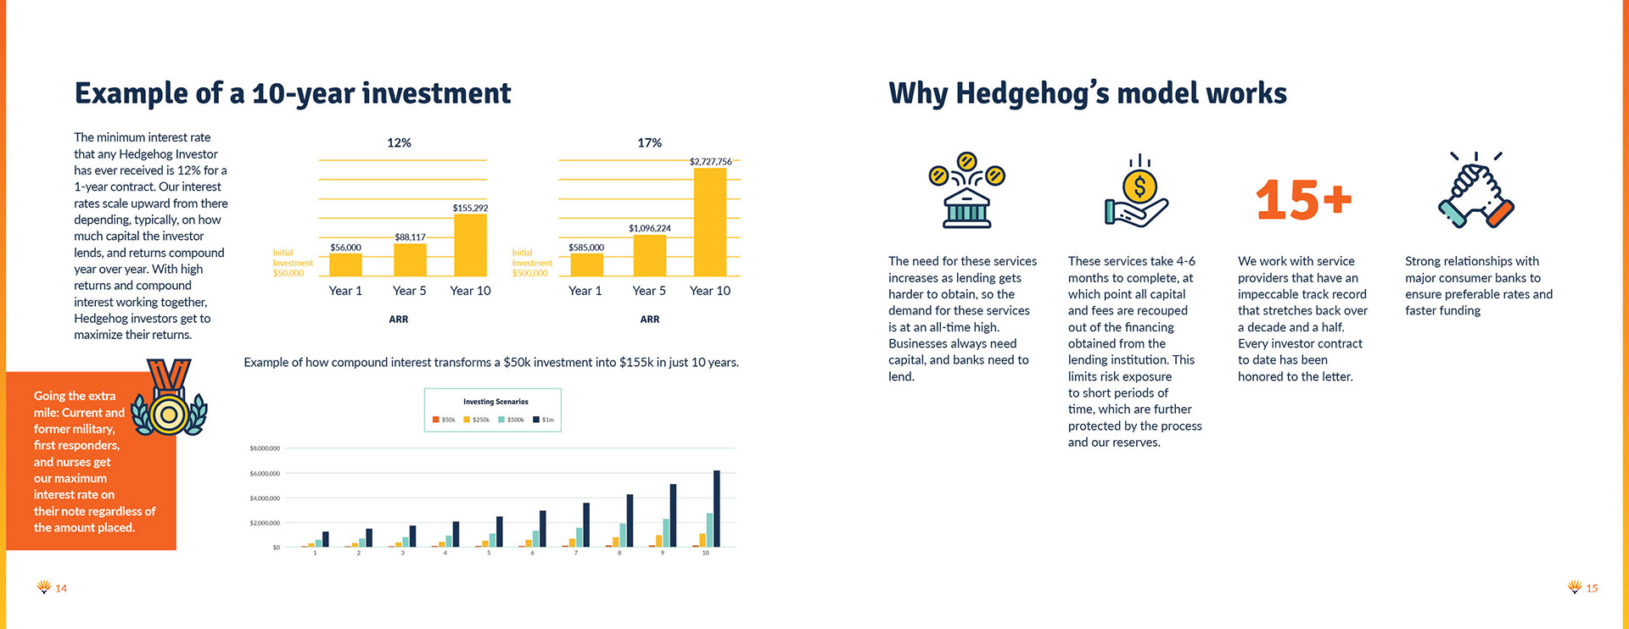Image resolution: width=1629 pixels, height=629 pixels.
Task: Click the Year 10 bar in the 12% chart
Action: point(470,245)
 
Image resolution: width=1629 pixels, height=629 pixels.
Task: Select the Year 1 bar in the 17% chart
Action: point(586,264)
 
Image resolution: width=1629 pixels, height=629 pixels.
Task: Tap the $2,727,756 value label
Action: point(710,161)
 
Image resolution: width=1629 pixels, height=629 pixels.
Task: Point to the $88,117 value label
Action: point(410,237)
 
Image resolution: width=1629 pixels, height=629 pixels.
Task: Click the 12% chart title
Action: point(399,142)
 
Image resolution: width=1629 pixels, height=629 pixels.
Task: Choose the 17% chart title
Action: point(649,142)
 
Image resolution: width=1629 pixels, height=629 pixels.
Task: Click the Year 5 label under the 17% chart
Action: point(649,291)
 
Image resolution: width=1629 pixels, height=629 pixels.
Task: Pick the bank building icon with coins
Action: point(966,191)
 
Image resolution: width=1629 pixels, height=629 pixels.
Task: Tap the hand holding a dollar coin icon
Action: point(1137,193)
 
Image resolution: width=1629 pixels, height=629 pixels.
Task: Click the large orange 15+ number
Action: point(1303,200)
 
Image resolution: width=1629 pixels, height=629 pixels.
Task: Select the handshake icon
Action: point(1476,191)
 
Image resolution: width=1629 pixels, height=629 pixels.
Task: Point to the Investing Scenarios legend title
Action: point(495,402)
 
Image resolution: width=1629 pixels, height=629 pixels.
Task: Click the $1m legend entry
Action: point(543,420)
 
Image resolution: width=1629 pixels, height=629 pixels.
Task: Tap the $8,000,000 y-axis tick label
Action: point(265,448)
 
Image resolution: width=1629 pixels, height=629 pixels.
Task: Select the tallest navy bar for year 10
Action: point(717,509)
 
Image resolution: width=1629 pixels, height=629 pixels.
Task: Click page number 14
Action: point(61,588)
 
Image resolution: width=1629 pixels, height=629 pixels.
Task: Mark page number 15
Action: point(1592,588)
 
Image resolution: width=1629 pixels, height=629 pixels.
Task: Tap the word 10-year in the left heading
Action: point(303,93)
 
